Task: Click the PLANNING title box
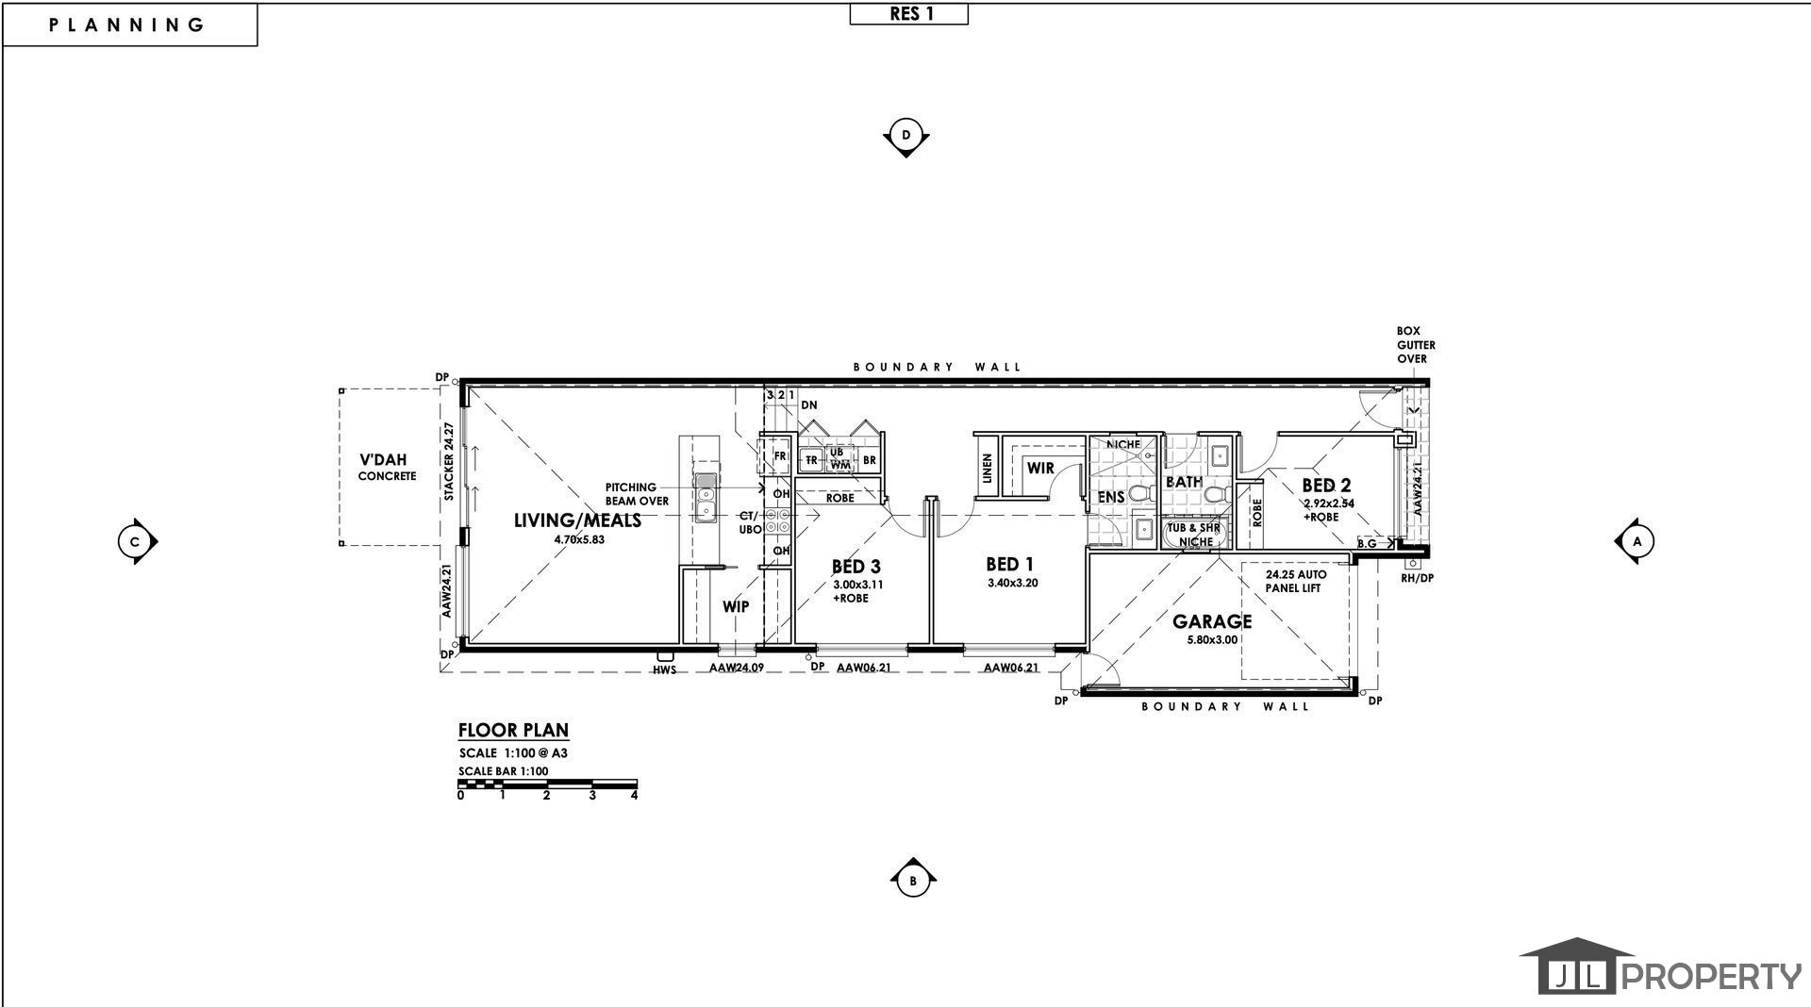pyautogui.click(x=129, y=25)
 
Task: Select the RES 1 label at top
pyautogui.click(x=909, y=14)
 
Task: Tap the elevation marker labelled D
pyautogui.click(x=905, y=136)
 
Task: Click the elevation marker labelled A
pyautogui.click(x=1637, y=541)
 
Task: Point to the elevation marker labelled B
pyautogui.click(x=913, y=882)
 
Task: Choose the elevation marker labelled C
pyautogui.click(x=136, y=541)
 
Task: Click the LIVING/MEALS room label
pyautogui.click(x=577, y=520)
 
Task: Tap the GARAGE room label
pyautogui.click(x=1212, y=621)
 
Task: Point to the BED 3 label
pyautogui.click(x=856, y=567)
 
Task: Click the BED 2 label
pyautogui.click(x=1326, y=486)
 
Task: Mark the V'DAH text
pyautogui.click(x=383, y=460)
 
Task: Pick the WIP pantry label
pyautogui.click(x=736, y=606)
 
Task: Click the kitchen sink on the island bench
pyautogui.click(x=705, y=498)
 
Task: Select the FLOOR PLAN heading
pyautogui.click(x=513, y=730)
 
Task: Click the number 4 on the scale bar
pyautogui.click(x=635, y=795)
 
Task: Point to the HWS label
pyautogui.click(x=665, y=669)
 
